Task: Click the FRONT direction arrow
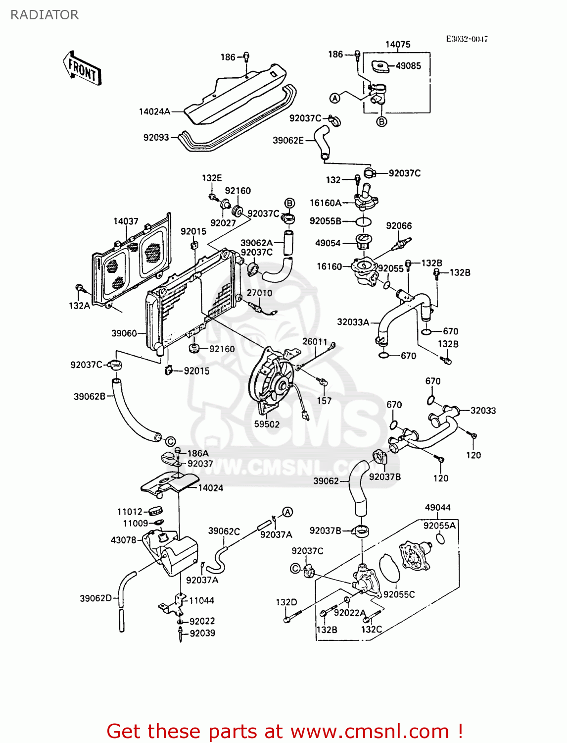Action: pos(82,69)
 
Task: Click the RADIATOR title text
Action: pos(44,15)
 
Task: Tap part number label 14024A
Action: pos(154,112)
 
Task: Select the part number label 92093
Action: pos(156,137)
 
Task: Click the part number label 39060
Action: pos(124,333)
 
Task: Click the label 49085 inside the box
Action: pos(408,65)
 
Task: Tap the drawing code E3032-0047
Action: pos(467,39)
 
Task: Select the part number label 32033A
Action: pos(353,322)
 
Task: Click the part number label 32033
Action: pos(483,411)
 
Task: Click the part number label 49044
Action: pos(438,507)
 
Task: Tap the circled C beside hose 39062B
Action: pos(170,441)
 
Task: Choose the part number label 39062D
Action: pos(96,598)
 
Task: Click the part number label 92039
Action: pos(202,633)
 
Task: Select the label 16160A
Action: pos(326,203)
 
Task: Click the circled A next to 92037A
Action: pos(287,512)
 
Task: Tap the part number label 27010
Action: pos(259,293)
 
